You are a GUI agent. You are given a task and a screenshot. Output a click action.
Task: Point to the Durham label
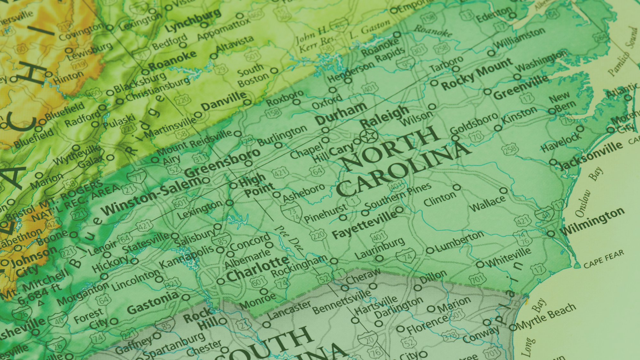pos(341,113)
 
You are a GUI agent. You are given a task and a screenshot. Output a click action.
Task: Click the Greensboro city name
pos(222,163)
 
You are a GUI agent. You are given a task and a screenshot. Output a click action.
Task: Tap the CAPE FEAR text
pos(604,259)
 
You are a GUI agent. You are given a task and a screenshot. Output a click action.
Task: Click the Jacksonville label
pos(591,156)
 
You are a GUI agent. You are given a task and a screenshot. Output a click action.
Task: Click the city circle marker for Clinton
pos(457,187)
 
